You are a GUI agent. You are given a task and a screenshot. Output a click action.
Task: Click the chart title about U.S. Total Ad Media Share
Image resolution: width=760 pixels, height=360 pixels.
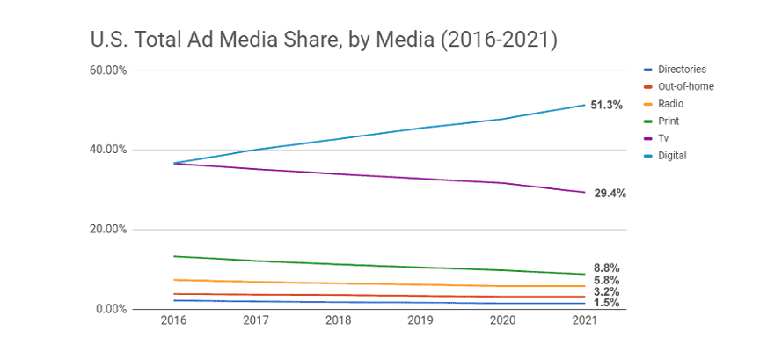point(325,40)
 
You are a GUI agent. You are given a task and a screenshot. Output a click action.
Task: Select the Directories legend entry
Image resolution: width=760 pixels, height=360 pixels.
point(682,70)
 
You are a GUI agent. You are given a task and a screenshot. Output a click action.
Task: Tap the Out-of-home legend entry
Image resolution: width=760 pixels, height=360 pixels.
point(685,86)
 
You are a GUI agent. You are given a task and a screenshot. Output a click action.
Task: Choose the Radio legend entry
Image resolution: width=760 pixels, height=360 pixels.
point(671,104)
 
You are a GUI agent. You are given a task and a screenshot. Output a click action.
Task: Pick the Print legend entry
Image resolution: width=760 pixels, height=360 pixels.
point(669,121)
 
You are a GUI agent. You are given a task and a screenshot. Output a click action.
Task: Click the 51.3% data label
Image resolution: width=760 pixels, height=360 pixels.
point(607,105)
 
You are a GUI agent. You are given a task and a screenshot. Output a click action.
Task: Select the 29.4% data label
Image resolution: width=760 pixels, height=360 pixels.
point(610,193)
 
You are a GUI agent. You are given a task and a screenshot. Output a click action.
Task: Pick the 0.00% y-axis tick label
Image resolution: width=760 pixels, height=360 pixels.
point(111,309)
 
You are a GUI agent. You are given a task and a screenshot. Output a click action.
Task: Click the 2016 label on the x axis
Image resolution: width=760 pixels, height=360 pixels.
point(174,322)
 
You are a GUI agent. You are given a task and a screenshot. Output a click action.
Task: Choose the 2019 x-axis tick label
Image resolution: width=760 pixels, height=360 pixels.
point(420,322)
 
